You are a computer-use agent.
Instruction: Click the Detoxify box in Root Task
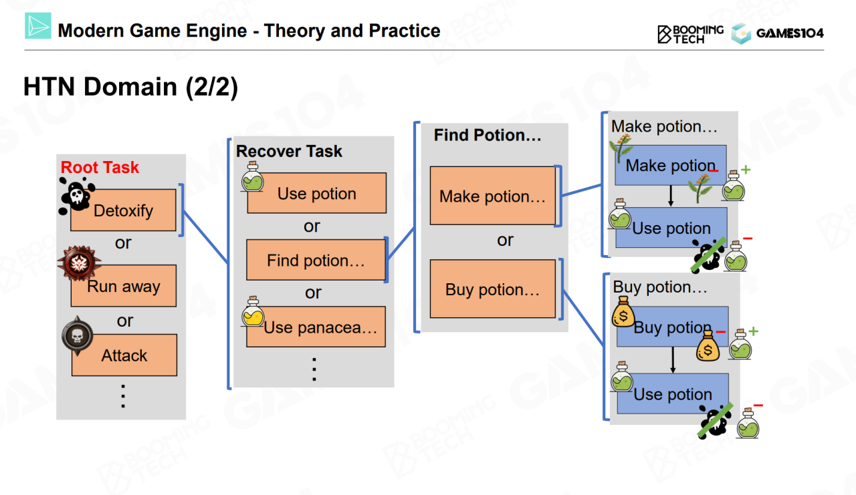coord(123,210)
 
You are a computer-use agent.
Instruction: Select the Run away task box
coord(124,287)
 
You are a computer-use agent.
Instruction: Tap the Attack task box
coord(124,355)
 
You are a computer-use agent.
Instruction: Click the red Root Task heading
coord(100,168)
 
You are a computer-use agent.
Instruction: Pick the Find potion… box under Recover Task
coord(316,261)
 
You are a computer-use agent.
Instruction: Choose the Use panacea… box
coord(316,327)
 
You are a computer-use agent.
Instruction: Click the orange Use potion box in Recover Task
coord(316,194)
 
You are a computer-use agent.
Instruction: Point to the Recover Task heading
coord(289,151)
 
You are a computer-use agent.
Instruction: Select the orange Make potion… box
coord(492,196)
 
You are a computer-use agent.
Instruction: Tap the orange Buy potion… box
coord(492,289)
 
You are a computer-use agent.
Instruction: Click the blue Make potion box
coord(671,166)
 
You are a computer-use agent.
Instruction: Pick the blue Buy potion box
coord(672,327)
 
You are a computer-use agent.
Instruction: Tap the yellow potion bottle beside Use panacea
coord(253,313)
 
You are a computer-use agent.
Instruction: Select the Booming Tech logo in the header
coord(690,33)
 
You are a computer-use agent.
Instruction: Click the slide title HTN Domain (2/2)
coord(130,88)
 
